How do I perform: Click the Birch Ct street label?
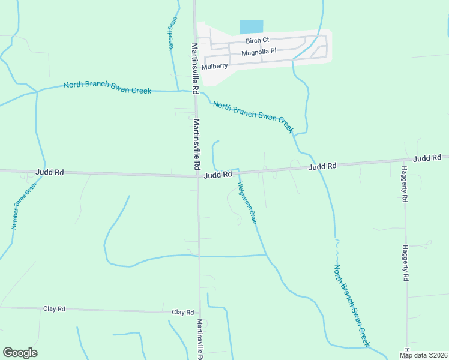click(257, 41)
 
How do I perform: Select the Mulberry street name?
click(215, 66)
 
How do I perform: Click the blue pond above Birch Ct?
click(252, 27)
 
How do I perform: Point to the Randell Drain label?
click(173, 34)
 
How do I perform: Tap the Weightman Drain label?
click(247, 203)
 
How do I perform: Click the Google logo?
click(20, 353)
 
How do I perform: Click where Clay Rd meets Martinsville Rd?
click(199, 313)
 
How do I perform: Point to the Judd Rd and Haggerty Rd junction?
click(403, 161)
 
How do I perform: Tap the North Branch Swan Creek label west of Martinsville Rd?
click(107, 86)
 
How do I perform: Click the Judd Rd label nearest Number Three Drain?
click(50, 172)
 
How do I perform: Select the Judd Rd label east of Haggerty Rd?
click(427, 158)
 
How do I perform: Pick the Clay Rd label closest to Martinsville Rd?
click(182, 313)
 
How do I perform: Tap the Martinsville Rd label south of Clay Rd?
click(200, 338)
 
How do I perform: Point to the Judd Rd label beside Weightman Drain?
click(217, 175)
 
